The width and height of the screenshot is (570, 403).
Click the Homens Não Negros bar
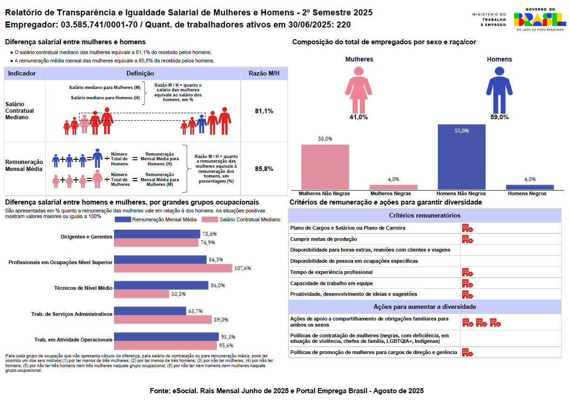(x=462, y=157)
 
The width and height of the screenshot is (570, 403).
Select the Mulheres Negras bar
(x=393, y=187)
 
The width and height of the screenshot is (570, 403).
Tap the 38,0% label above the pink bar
(x=325, y=138)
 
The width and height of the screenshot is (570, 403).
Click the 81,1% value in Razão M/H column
(x=264, y=111)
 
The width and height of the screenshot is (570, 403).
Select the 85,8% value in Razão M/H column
(x=264, y=169)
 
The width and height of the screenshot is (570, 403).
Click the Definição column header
(x=140, y=74)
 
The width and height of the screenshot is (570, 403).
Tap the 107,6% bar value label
(x=242, y=268)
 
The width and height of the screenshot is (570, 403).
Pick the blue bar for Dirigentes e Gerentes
(x=157, y=234)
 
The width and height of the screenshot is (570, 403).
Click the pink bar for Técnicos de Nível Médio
(x=141, y=294)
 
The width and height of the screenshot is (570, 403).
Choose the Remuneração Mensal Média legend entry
(x=155, y=219)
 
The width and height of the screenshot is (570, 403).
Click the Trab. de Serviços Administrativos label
(x=72, y=314)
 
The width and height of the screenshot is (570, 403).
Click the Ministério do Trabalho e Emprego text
(x=489, y=19)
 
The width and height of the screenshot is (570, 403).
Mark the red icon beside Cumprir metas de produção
(x=467, y=239)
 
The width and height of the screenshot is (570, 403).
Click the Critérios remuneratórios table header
(x=424, y=215)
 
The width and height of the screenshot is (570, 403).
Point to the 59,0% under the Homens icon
(x=499, y=117)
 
